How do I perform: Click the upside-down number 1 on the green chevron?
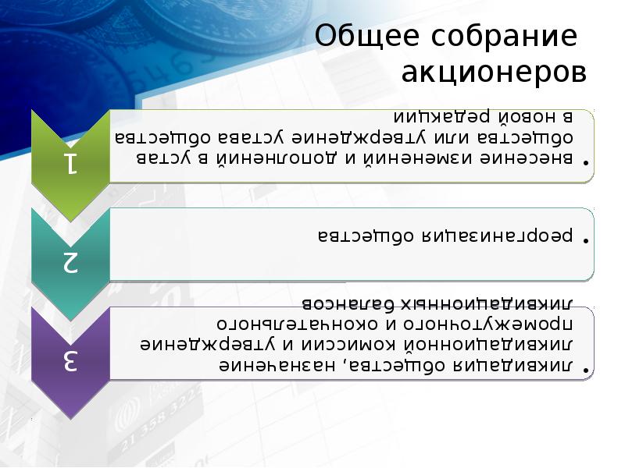click(x=70, y=162)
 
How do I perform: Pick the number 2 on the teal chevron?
click(x=70, y=262)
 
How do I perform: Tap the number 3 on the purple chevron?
click(x=70, y=361)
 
